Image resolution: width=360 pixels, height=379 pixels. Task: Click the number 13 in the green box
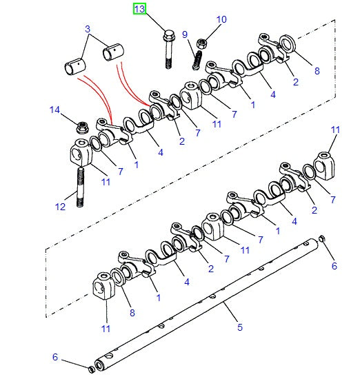click(139, 9)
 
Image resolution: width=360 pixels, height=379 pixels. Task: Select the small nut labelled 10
click(201, 43)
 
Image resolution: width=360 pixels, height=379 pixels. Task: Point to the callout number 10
click(221, 19)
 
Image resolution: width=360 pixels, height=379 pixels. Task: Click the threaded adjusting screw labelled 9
click(197, 61)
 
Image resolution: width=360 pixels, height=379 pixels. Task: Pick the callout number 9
click(185, 34)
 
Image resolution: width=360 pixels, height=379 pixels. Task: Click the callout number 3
click(88, 29)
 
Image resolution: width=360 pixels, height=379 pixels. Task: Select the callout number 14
click(54, 110)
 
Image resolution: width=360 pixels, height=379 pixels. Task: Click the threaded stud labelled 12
click(80, 187)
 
